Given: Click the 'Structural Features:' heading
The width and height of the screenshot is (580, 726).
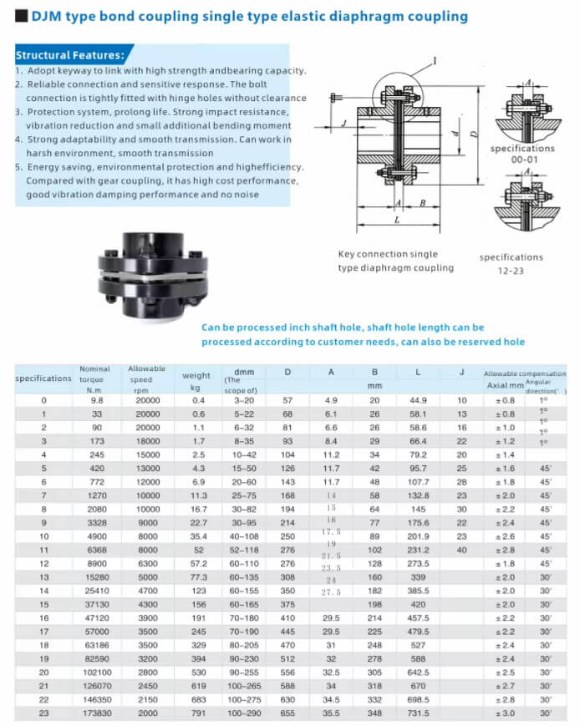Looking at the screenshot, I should [70, 55].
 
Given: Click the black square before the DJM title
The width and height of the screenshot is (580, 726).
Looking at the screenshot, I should [22, 16].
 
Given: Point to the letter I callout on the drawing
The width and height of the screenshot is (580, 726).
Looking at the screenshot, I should [435, 60].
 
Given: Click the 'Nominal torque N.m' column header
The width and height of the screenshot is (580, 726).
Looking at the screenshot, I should [94, 378].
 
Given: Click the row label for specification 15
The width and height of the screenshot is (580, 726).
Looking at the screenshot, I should [44, 603].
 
